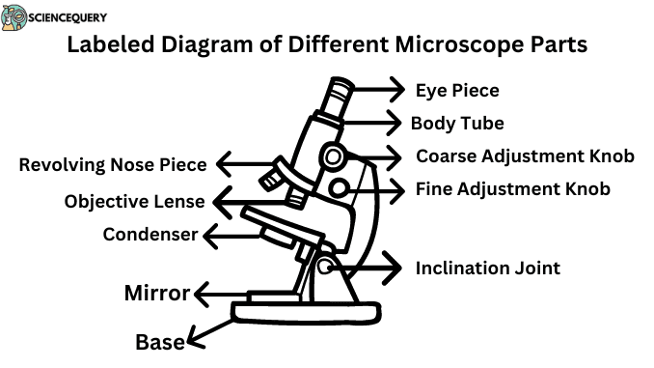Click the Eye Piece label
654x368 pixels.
pos(457,91)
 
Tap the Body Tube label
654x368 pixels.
pos(457,123)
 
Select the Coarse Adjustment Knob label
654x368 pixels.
pos(525,156)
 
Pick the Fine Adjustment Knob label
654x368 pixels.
pos(512,189)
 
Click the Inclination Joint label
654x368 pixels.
pos(487,268)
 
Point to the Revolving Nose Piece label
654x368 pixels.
pos(113,164)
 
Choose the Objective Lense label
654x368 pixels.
pos(134,202)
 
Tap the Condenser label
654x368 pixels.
pos(150,234)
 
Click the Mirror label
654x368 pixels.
pos(157,294)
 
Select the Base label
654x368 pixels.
pos(160,341)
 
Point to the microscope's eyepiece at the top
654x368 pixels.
pos(339,97)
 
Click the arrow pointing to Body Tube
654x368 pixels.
pos(372,123)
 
